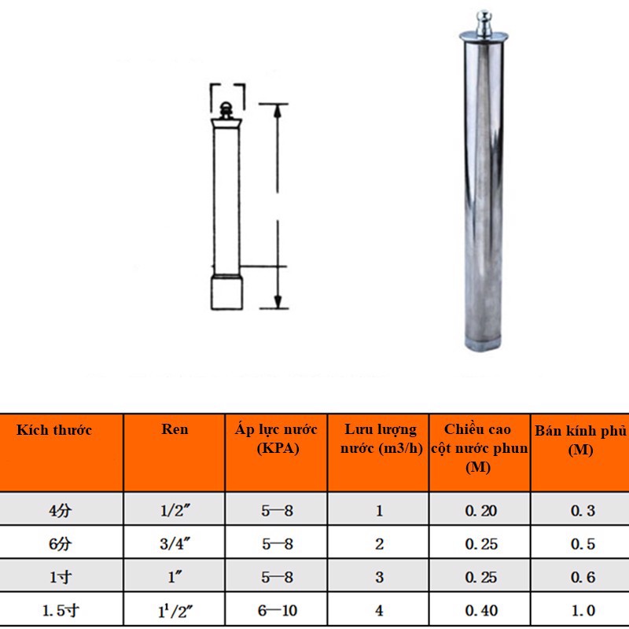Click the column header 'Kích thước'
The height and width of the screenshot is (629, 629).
click(54, 430)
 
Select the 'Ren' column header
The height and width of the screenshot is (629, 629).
click(175, 429)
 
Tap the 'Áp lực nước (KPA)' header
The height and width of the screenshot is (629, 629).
click(277, 439)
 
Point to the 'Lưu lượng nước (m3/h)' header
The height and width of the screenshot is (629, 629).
click(381, 439)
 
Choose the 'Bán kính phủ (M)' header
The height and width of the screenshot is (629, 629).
click(580, 440)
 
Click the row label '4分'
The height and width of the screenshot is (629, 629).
click(61, 510)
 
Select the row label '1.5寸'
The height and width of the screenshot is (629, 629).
click(61, 611)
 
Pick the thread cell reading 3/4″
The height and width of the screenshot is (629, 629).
click(175, 544)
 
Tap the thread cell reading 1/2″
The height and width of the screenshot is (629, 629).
click(175, 510)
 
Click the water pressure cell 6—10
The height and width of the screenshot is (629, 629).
click(278, 611)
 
